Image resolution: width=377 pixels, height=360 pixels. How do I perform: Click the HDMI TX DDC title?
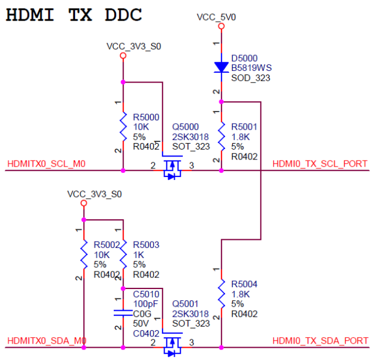[74, 15]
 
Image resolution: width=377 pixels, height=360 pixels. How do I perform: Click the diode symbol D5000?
[222, 67]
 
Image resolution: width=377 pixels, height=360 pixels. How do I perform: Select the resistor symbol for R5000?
[123, 127]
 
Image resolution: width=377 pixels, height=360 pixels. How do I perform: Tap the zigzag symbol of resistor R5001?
[222, 137]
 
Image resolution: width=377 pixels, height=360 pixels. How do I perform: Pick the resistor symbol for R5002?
[84, 254]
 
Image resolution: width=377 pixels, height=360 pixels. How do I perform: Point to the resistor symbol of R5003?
[123, 254]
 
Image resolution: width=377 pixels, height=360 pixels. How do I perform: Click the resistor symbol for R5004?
[222, 294]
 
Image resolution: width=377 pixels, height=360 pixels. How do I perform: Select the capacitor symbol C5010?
[123, 313]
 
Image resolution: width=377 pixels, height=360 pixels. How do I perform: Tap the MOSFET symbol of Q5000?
[172, 166]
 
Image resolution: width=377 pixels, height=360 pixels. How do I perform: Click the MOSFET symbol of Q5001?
[172, 343]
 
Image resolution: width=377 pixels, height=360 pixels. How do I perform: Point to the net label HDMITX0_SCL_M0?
[46, 164]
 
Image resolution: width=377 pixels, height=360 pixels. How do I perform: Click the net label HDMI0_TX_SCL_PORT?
[320, 164]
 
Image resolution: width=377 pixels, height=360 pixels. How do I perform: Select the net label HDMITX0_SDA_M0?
[47, 341]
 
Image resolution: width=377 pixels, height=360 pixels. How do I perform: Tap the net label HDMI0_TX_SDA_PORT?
[320, 341]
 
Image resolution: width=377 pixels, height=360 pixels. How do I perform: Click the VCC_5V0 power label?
[216, 18]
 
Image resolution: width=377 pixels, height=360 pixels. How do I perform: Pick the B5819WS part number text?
[252, 68]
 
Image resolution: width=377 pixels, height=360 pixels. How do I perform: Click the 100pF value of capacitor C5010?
[145, 304]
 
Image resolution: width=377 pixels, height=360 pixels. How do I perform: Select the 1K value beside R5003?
[139, 255]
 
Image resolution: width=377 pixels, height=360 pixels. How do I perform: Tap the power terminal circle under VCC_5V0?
[222, 26]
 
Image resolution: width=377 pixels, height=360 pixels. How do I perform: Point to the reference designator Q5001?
[185, 304]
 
